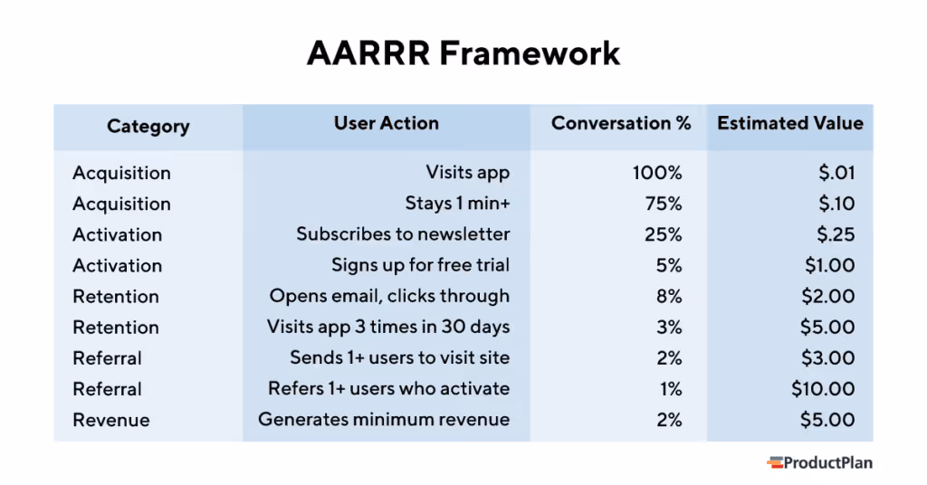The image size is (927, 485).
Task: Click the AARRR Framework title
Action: coord(463,53)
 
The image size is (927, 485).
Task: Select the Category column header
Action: coord(148,127)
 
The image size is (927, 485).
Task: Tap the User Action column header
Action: coord(386,124)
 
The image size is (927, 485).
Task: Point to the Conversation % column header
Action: coord(620,124)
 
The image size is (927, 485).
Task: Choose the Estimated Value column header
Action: coord(789,124)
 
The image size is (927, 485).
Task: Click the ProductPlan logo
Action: coord(819,462)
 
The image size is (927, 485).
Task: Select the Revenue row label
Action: coord(111,420)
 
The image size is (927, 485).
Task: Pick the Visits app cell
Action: coord(467,173)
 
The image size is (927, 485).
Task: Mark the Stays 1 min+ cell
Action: coord(456,204)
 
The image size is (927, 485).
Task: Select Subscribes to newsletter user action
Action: coord(403,234)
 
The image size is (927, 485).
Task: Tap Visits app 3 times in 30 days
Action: coord(387,327)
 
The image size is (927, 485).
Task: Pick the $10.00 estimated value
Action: coord(822,389)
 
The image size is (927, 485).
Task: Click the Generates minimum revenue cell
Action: coord(384,420)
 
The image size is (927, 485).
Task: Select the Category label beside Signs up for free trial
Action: coord(118,265)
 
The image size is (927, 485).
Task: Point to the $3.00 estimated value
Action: coord(827,358)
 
